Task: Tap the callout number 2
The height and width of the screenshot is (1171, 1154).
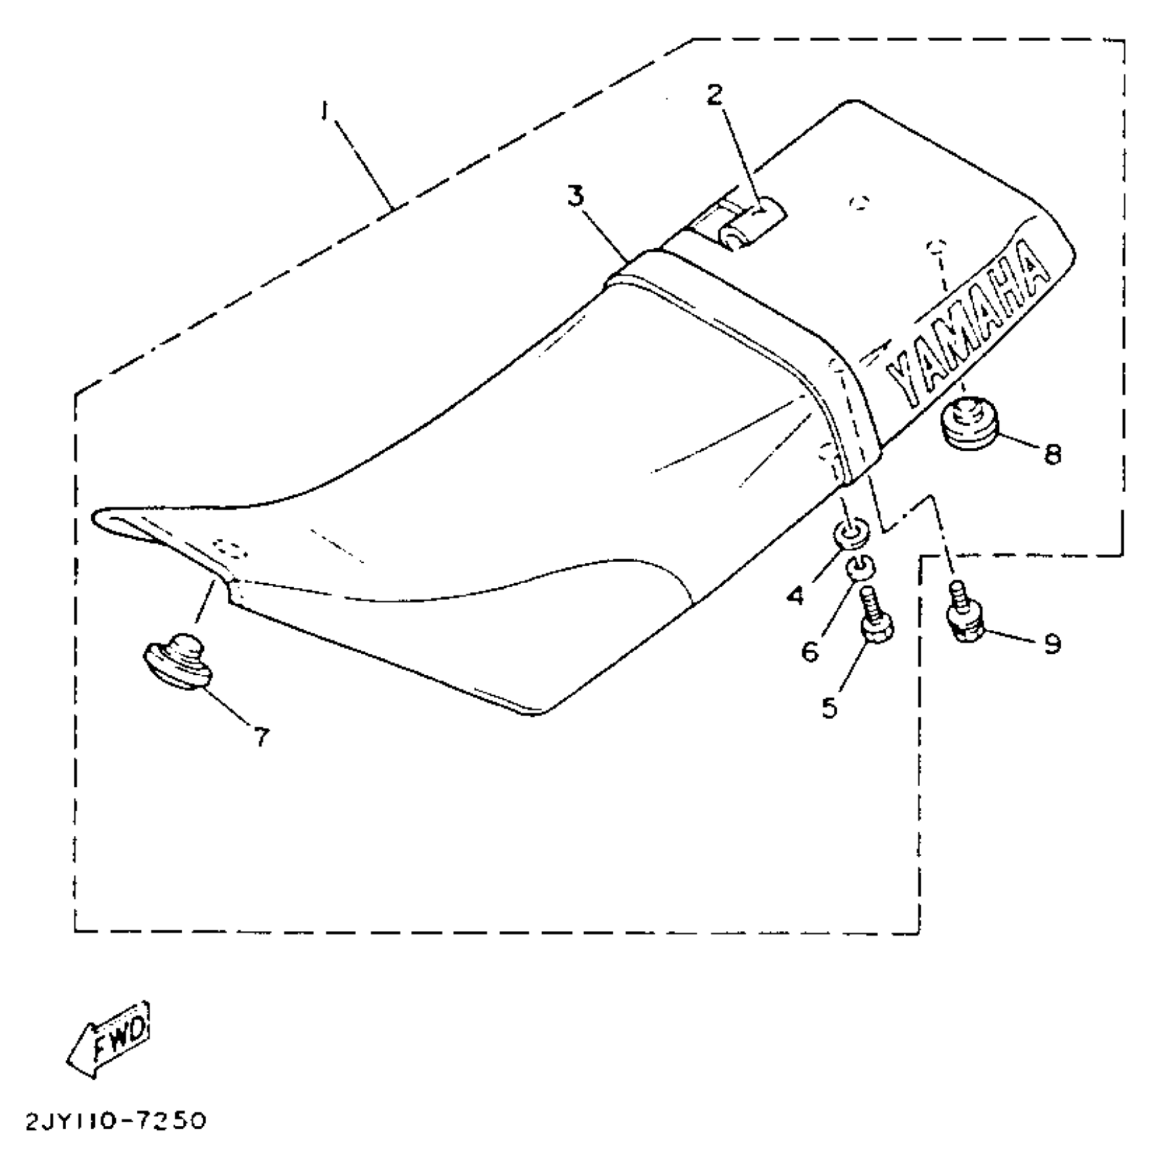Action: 713,95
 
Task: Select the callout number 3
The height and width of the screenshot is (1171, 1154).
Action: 575,197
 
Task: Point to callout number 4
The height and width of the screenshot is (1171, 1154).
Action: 795,596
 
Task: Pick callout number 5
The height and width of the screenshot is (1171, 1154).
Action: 830,708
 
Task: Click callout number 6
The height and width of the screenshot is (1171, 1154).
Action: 811,652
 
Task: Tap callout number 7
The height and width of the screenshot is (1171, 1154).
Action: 261,736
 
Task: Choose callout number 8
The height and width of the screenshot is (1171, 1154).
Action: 1051,454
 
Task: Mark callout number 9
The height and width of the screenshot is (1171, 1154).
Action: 1051,643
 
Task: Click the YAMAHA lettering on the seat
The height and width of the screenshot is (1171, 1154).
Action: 967,333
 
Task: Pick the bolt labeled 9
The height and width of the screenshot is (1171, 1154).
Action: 964,615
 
